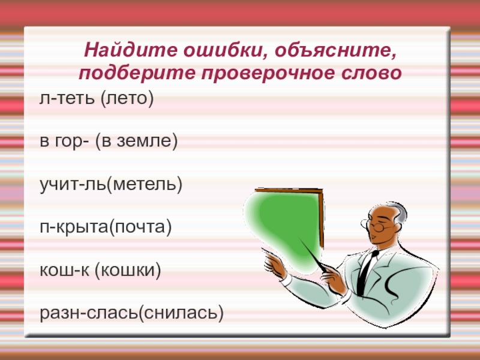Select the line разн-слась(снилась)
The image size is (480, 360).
coord(131,313)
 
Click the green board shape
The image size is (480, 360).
coord(282,222)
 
